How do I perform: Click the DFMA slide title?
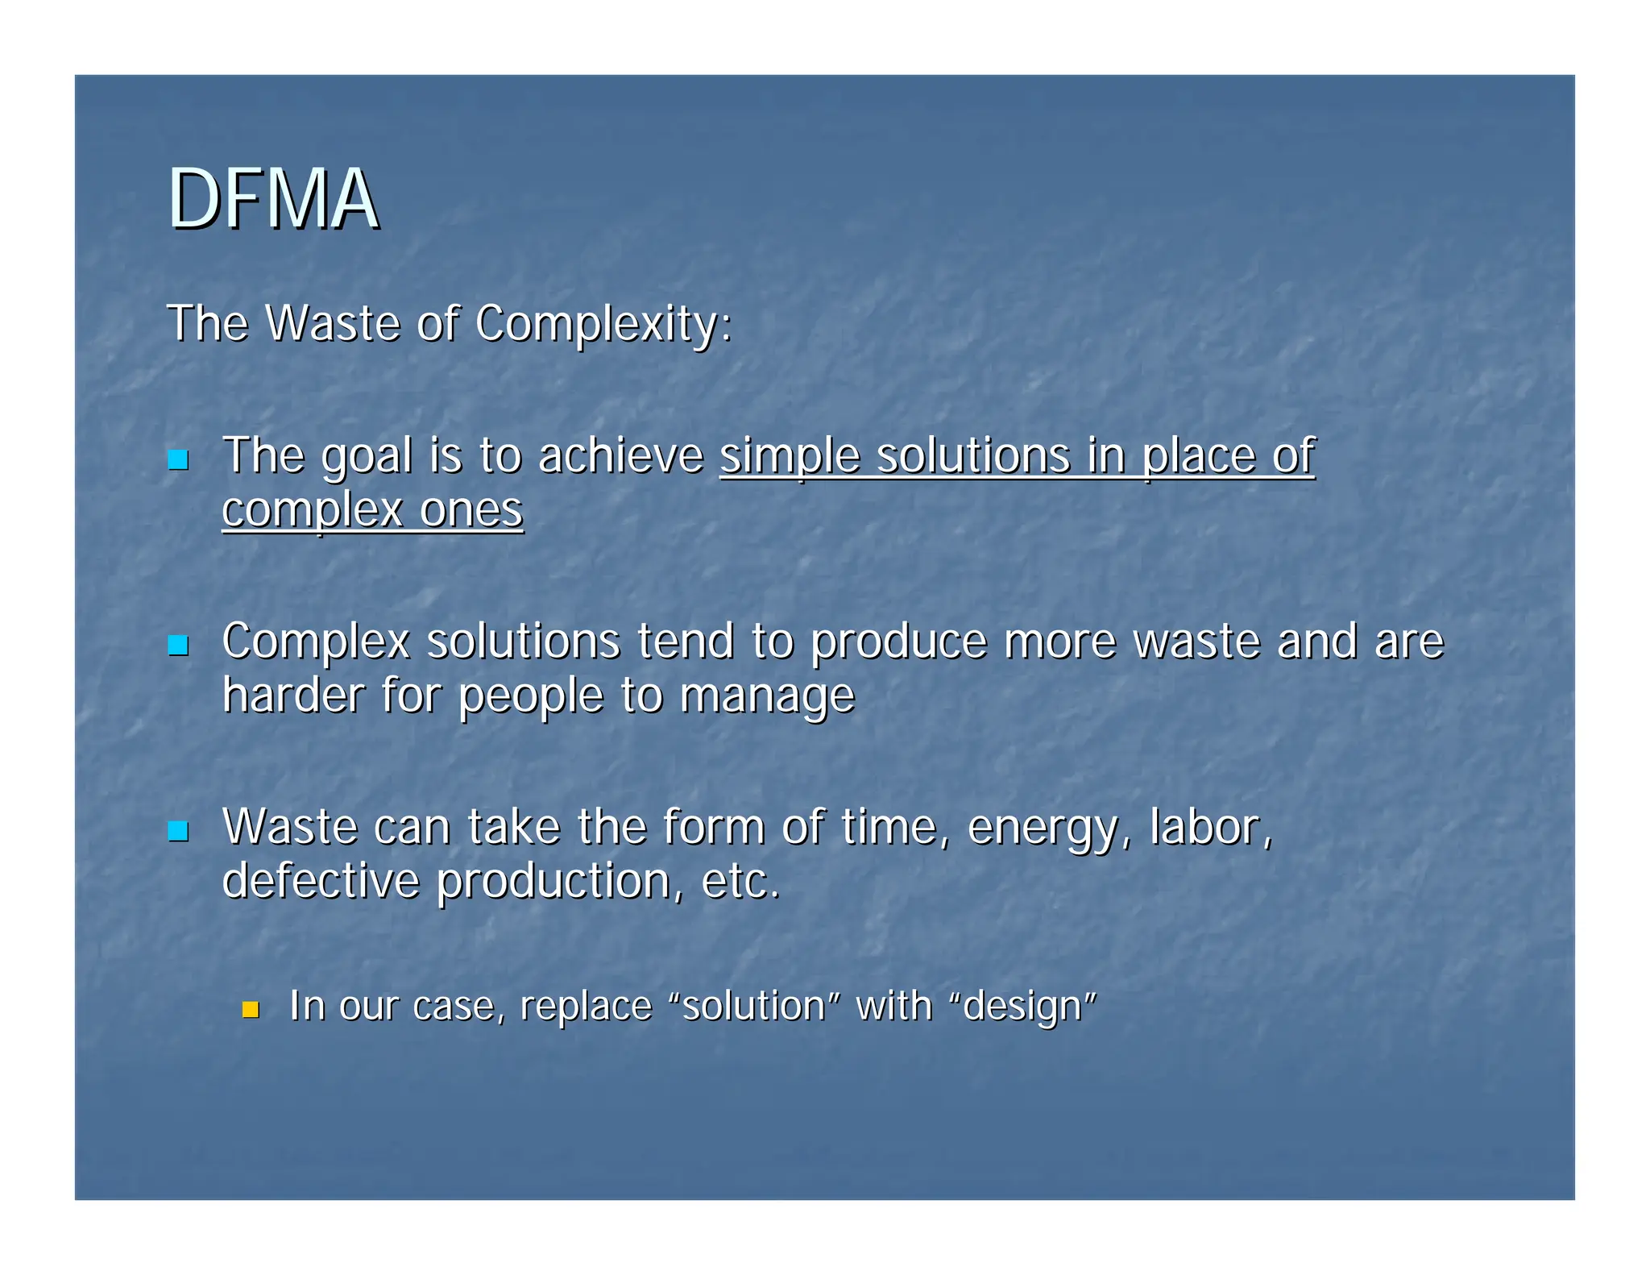pyautogui.click(x=272, y=199)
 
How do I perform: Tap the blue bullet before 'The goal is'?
pyautogui.click(x=178, y=460)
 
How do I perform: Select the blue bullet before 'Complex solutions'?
pyautogui.click(x=178, y=646)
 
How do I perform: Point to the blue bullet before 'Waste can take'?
pyautogui.click(x=178, y=831)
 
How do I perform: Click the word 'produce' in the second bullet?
pyautogui.click(x=898, y=642)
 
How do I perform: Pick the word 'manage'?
pyautogui.click(x=766, y=696)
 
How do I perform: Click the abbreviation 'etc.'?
pyautogui.click(x=741, y=881)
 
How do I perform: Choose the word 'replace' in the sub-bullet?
pyautogui.click(x=586, y=1007)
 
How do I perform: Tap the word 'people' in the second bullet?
pyautogui.click(x=530, y=696)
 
